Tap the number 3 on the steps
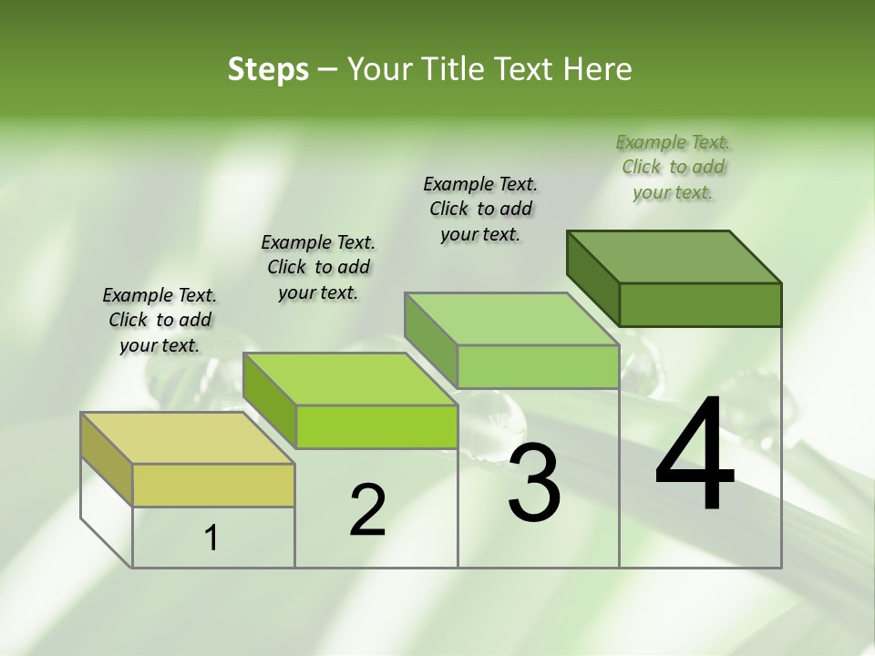coord(533,483)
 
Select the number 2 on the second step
coord(367,510)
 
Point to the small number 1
coord(211,538)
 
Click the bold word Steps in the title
coord(268,69)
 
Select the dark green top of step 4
coord(674,256)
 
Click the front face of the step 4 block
coord(700,304)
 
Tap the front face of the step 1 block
coord(213,485)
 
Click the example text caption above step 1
coord(160,320)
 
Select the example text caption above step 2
coord(318,267)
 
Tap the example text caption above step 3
coord(480,209)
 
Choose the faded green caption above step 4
coord(673,167)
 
